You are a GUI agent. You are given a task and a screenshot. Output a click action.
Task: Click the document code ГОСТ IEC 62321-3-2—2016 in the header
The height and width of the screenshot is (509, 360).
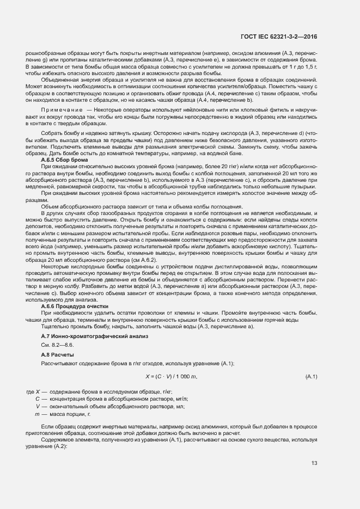click(279, 36)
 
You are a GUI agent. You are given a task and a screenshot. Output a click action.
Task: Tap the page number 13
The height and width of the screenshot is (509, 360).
click(314, 463)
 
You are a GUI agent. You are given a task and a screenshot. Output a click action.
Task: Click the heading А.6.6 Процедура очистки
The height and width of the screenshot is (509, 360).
click(75, 306)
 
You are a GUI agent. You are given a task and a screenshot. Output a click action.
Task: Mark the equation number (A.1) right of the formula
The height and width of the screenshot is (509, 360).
click(312, 377)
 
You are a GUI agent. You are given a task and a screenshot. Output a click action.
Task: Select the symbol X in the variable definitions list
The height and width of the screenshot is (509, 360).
click(38, 391)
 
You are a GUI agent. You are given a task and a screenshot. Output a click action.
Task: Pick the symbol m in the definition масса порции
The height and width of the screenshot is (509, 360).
click(38, 414)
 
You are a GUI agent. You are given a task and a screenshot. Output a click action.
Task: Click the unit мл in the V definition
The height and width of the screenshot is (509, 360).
click(181, 407)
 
